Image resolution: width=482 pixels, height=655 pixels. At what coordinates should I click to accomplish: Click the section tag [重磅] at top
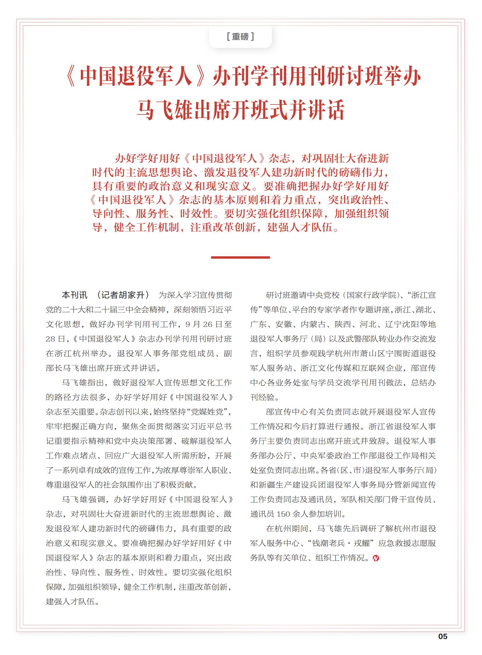point(240,36)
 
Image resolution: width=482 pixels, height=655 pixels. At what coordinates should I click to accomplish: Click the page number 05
point(443,636)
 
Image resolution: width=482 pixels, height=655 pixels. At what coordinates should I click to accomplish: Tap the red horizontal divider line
point(240,257)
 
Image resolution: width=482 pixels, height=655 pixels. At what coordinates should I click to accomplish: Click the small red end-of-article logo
point(376,558)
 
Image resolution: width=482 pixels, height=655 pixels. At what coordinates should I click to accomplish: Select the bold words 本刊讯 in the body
point(74,295)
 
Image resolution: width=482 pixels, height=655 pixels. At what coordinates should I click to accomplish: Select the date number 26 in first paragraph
point(208,324)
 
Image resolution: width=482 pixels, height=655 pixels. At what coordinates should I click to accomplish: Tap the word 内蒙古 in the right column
point(313,324)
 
